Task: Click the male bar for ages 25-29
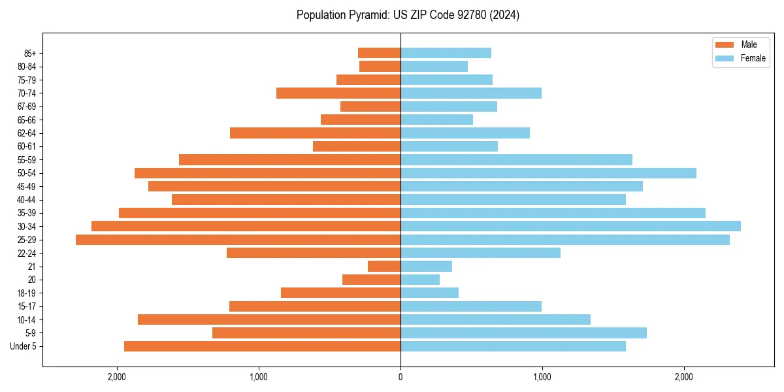238,240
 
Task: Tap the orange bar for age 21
384,267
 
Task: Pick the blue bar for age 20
420,280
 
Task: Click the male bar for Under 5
262,346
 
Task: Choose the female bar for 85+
446,53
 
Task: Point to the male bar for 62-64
315,133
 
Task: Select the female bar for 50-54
548,173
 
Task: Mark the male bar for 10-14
269,319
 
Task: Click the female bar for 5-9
523,333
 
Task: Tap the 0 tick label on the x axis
400,377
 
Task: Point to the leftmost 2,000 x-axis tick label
117,377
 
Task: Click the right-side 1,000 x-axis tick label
542,377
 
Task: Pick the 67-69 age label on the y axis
26,106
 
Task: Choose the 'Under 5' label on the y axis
24,346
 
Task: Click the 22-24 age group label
26,253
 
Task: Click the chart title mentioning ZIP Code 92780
408,15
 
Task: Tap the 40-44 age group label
26,200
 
